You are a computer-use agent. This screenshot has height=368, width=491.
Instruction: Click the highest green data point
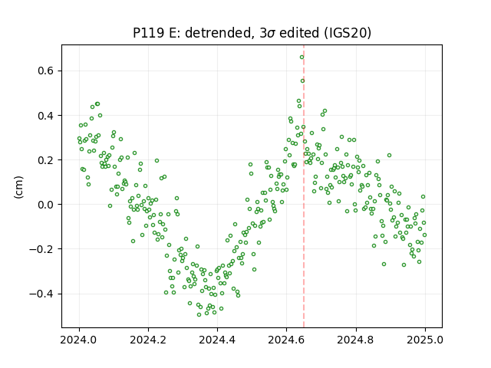point(302,58)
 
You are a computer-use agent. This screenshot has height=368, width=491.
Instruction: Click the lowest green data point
point(199,314)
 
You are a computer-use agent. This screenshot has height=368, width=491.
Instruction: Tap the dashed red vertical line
point(304,186)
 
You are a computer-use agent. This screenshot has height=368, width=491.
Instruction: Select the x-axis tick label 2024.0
point(79,340)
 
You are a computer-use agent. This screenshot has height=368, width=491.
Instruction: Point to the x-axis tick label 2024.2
point(148,340)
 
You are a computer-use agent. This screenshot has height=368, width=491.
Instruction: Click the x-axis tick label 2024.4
point(217,340)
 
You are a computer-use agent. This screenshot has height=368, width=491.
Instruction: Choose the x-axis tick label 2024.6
point(286,340)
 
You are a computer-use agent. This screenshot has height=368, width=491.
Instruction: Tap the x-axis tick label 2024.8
point(356,340)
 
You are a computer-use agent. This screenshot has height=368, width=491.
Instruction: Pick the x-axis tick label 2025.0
point(425,340)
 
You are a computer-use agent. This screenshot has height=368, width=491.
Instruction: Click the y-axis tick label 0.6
point(46,71)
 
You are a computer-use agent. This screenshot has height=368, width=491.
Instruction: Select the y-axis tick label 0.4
point(46,116)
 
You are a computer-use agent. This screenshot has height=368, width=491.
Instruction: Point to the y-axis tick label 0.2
point(46,160)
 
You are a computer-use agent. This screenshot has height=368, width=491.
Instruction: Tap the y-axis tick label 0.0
point(46,205)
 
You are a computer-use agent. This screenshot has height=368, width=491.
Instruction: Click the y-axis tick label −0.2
point(41,249)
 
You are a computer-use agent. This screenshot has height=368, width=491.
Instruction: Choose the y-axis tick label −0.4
point(41,294)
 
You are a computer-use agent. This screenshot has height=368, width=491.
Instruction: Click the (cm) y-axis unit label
point(18,187)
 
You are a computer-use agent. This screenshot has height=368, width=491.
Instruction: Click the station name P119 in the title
point(148,33)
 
